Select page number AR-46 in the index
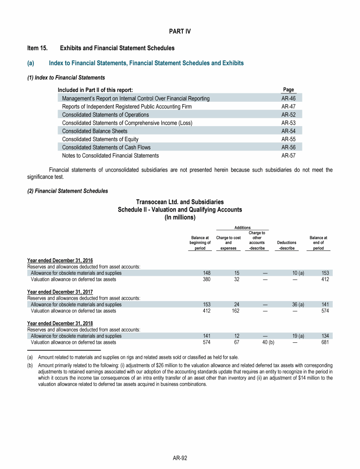288,98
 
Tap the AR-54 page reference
288,131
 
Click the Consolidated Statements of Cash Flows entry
106,147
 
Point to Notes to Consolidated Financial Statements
110,155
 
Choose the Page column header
288,90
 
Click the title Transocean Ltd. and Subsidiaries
180,202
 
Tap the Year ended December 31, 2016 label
60,260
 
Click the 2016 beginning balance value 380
206,280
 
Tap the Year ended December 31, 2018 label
60,323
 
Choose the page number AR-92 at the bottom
180,458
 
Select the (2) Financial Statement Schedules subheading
67,191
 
